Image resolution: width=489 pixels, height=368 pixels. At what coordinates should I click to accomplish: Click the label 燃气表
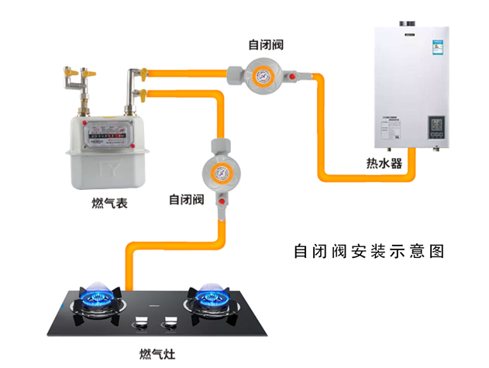point(109,204)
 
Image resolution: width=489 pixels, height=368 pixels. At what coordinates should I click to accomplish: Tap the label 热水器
point(384,163)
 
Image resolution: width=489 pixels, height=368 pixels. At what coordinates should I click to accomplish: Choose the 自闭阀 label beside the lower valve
point(186,200)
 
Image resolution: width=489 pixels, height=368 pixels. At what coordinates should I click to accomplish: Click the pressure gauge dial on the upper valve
point(263,77)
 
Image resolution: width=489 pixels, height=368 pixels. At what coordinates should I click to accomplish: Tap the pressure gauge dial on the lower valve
point(219,173)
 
